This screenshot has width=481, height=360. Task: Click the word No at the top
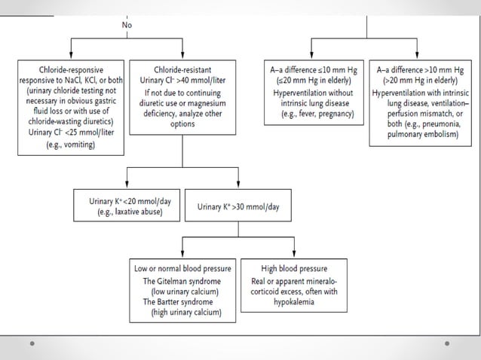pos(127,25)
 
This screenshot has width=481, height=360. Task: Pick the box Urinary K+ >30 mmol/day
pos(238,206)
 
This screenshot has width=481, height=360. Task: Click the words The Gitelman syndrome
pos(181,281)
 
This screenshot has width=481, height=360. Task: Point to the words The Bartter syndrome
pos(179,301)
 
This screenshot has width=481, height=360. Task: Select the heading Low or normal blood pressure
pos(182,269)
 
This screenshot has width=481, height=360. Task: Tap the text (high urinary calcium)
pos(182,311)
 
